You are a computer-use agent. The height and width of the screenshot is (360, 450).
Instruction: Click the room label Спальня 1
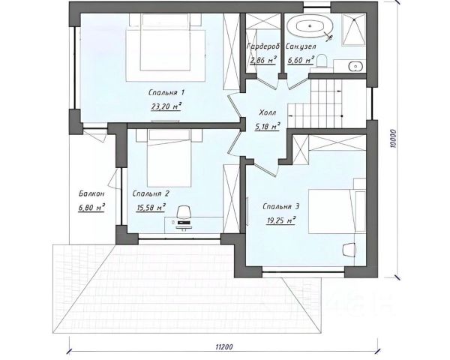click(166, 93)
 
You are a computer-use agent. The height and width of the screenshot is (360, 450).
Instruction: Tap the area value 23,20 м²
click(166, 106)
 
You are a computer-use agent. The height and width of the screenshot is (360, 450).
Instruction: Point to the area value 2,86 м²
click(263, 60)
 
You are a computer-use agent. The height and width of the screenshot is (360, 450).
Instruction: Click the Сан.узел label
click(301, 46)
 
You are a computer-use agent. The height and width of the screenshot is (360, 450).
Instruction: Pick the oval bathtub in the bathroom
click(310, 26)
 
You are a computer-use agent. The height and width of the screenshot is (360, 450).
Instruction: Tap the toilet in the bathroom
click(322, 61)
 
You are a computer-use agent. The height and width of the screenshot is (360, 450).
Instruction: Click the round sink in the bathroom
click(355, 67)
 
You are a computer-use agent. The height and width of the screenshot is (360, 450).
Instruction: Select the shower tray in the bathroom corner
click(353, 30)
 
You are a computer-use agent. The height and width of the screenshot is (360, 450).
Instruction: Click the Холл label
click(268, 112)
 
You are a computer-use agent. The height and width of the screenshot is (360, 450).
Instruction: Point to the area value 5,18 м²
click(268, 126)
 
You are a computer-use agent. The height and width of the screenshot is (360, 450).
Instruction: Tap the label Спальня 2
click(151, 193)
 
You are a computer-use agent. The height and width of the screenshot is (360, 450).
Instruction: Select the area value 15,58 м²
click(151, 207)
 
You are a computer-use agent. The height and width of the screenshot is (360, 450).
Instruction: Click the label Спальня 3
click(281, 207)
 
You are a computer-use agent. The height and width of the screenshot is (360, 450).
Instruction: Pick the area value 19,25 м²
click(281, 220)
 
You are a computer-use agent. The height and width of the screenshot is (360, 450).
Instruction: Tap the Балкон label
click(91, 193)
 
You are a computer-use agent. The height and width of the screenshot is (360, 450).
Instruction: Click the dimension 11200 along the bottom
click(224, 346)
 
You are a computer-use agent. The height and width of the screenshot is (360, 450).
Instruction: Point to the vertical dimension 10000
click(393, 139)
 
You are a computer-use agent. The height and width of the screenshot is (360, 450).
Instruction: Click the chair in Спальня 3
click(349, 250)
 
